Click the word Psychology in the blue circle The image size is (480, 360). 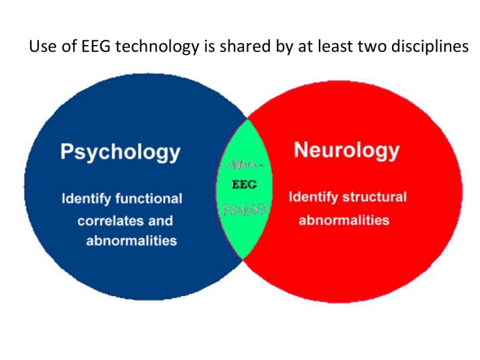(x=120, y=152)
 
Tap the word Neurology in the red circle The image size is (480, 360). (x=346, y=150)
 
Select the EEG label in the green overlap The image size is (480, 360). (x=244, y=184)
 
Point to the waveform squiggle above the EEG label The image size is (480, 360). (x=244, y=165)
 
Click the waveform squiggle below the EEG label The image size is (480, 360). (x=244, y=209)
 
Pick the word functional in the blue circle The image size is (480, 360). (x=149, y=198)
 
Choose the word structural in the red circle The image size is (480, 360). (x=374, y=196)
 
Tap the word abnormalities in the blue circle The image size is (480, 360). (x=132, y=241)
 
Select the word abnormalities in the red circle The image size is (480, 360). (x=344, y=220)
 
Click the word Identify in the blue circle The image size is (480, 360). (x=86, y=199)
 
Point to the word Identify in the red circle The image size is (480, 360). (x=313, y=197)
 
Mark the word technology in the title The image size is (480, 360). (x=157, y=47)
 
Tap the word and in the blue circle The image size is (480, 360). (x=161, y=221)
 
